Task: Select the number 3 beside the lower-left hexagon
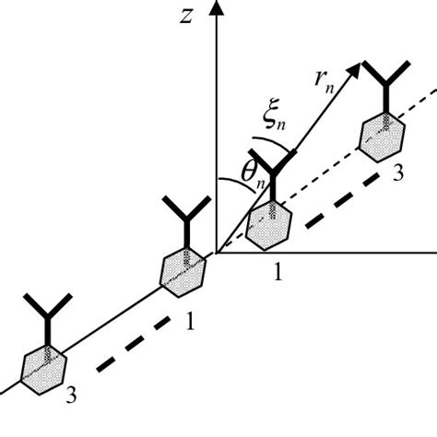[71, 396]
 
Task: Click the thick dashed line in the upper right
[346, 189]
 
